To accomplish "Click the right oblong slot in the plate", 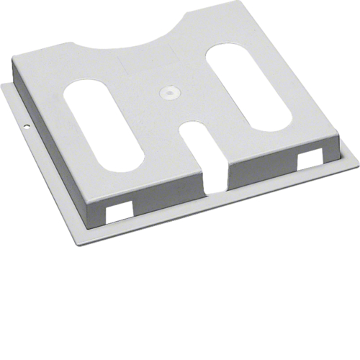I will point(240,86).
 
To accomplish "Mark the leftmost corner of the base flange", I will point(2,85).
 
